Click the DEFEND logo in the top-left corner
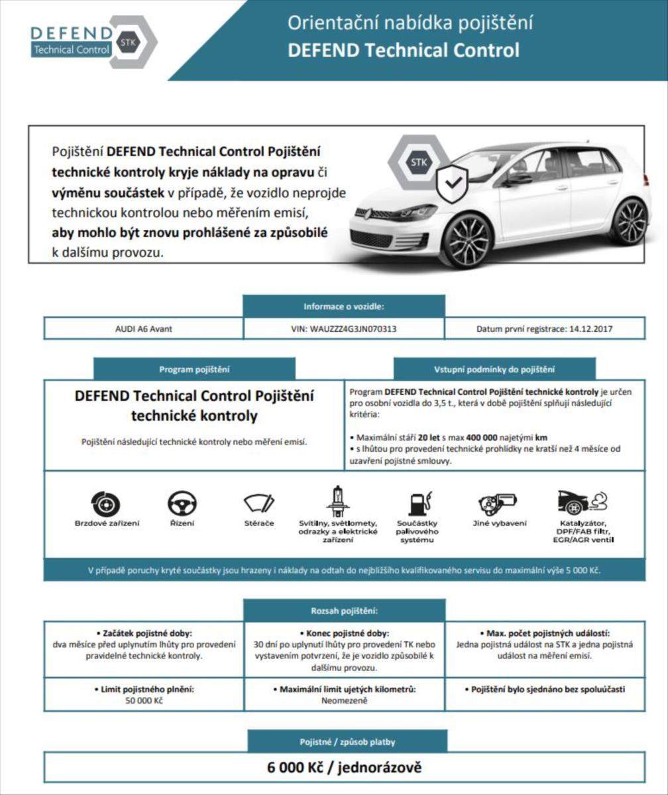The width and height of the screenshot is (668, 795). (x=93, y=41)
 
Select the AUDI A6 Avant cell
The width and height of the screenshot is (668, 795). (x=144, y=329)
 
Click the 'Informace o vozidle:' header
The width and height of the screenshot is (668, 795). (x=344, y=306)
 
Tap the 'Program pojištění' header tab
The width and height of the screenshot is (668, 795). (x=194, y=369)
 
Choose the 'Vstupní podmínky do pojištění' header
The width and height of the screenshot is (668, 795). (x=494, y=369)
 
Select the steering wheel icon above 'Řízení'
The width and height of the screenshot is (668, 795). (x=182, y=504)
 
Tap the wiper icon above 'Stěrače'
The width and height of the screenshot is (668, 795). (x=258, y=504)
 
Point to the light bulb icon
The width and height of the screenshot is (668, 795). (x=337, y=502)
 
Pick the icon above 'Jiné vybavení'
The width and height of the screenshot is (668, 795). (x=496, y=503)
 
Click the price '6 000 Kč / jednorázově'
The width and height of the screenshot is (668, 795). (x=344, y=768)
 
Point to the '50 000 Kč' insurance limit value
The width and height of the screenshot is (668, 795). (x=144, y=700)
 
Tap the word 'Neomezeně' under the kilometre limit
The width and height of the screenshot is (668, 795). (x=344, y=700)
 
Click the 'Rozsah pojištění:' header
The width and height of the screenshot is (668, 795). (x=344, y=610)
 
